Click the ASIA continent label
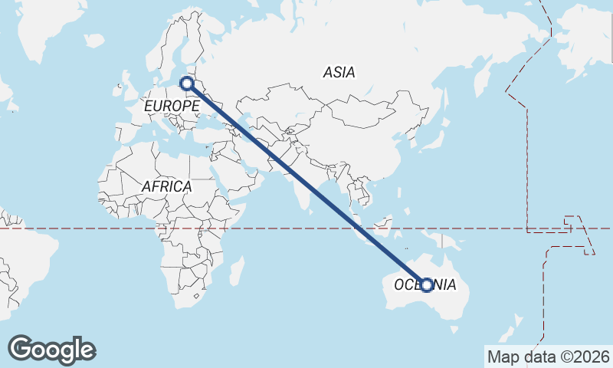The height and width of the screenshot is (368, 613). tap(339, 73)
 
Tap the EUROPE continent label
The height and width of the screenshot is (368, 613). tap(172, 105)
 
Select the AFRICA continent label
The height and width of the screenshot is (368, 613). tap(166, 186)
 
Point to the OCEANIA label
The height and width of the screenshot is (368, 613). tap(425, 285)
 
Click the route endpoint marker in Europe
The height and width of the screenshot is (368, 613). tap(186, 84)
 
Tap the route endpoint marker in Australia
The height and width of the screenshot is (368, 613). tap(428, 284)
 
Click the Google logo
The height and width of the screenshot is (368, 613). tap(51, 350)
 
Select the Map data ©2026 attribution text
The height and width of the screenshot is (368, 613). tap(549, 356)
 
